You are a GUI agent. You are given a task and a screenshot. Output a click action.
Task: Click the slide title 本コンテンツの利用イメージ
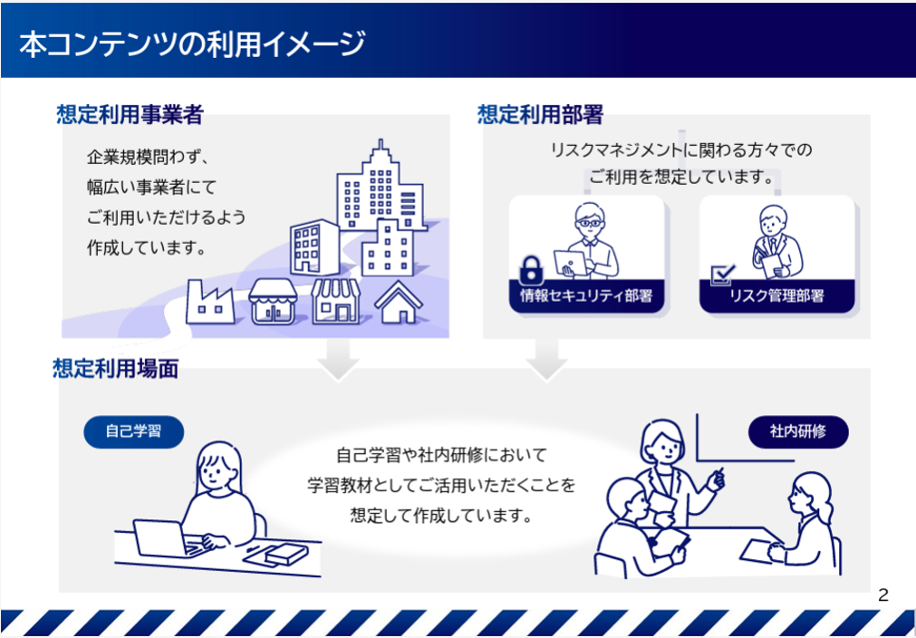[192, 44]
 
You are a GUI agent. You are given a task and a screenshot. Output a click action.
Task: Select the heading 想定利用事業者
[130, 114]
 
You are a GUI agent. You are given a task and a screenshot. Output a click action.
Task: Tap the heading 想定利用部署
[540, 114]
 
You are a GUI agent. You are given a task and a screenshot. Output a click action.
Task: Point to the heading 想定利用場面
[116, 369]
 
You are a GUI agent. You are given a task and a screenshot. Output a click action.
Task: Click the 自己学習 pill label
[134, 431]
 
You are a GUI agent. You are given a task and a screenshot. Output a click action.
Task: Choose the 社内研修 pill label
[798, 431]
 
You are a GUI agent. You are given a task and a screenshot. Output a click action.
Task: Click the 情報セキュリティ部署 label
[586, 295]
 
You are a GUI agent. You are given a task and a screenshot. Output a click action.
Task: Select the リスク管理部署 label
[777, 295]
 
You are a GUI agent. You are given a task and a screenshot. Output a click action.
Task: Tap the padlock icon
[530, 270]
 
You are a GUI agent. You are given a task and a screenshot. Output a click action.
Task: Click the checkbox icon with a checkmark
[723, 275]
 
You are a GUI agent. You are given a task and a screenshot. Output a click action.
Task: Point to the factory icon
[210, 302]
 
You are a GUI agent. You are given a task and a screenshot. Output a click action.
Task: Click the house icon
[399, 302]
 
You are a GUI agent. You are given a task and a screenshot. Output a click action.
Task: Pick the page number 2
[882, 595]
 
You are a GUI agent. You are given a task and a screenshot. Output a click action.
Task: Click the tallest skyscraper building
[381, 186]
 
